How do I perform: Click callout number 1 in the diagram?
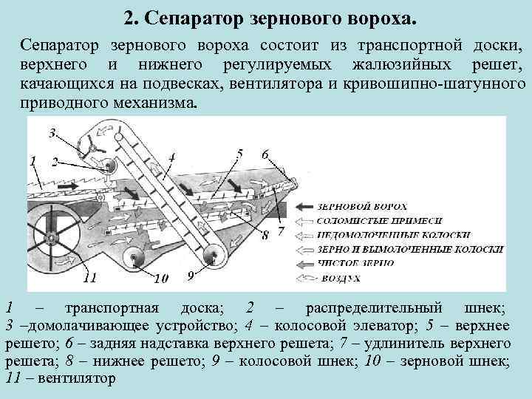coord(31,160)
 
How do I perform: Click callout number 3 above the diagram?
coord(52,134)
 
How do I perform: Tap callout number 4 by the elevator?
coord(171,157)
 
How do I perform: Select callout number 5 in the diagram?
coord(239,154)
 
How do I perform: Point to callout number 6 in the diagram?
coord(265,154)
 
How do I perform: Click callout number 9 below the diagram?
coord(191,275)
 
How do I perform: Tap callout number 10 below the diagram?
coord(160,279)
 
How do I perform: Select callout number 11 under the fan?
coord(89,279)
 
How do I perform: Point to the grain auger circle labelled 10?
coord(134,259)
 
